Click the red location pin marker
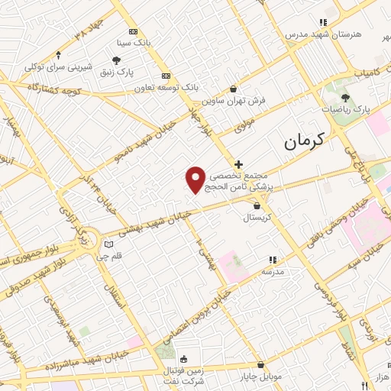click(x=196, y=179)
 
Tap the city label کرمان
click(x=303, y=140)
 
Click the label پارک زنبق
click(x=116, y=71)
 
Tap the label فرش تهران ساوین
click(x=224, y=101)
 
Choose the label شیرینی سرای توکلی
click(x=59, y=66)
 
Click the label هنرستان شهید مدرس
click(x=315, y=34)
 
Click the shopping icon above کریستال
click(x=257, y=205)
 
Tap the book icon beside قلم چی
click(x=108, y=244)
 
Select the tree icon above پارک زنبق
click(x=116, y=60)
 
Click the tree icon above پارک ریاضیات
click(x=345, y=98)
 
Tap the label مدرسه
click(x=273, y=271)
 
